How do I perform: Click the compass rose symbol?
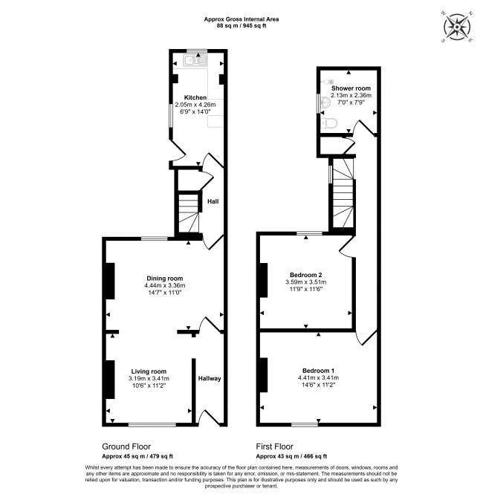[x=457, y=27]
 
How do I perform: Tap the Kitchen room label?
[x=195, y=97]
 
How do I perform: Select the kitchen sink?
[x=195, y=60]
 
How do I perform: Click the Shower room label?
[x=351, y=88]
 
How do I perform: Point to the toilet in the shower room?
[x=328, y=123]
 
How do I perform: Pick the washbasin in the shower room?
[x=325, y=103]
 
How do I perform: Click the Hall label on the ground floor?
[x=213, y=201]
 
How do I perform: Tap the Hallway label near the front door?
[x=210, y=378]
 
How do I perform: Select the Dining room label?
[x=165, y=279]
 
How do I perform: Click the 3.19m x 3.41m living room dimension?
[x=149, y=378]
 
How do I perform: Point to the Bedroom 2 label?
[x=305, y=275]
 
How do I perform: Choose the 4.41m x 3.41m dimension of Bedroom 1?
[x=318, y=378]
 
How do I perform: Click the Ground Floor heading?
[x=126, y=446]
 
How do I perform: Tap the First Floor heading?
[x=275, y=446]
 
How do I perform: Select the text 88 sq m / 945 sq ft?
[x=241, y=26]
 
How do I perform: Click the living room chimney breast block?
[x=110, y=379]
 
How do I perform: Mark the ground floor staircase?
[x=189, y=213]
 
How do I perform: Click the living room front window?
[x=152, y=424]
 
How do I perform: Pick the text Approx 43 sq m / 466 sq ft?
[x=291, y=456]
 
